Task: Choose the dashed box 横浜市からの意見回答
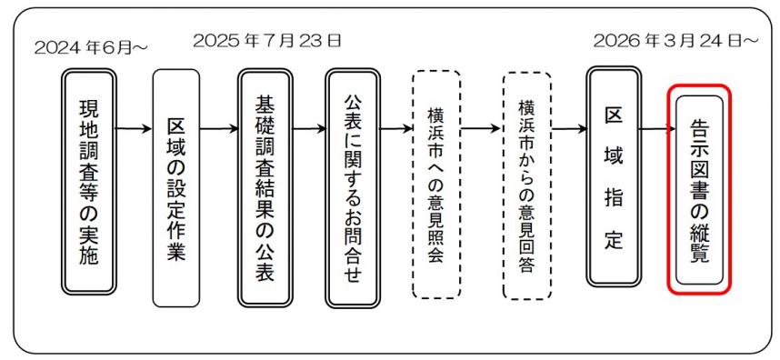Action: pos(526,186)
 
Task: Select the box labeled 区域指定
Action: pos(612,177)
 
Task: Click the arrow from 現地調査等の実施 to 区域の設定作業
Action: pos(133,128)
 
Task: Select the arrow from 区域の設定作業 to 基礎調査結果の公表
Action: pos(220,128)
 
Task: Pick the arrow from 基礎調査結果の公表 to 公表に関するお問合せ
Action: pos(308,128)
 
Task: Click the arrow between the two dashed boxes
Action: pos(481,128)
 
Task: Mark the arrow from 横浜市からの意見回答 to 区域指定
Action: pos(569,128)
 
